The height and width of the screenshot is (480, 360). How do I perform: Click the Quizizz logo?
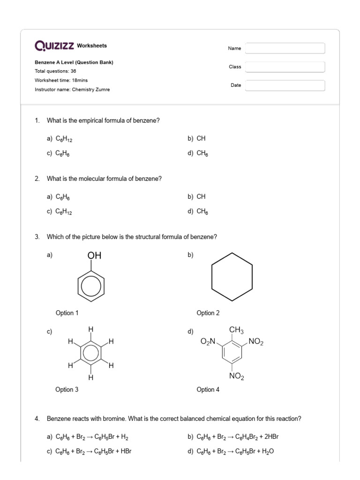point(54,46)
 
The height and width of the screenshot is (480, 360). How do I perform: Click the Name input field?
point(285,48)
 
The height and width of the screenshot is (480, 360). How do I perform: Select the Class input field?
point(285,67)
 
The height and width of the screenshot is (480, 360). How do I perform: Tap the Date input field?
point(285,85)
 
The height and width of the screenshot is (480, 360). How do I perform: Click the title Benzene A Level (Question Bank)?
point(74,62)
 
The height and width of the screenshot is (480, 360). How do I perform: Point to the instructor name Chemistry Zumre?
point(90,90)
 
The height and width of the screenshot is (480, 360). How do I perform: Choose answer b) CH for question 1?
point(196,139)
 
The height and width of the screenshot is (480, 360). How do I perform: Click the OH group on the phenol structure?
point(94,255)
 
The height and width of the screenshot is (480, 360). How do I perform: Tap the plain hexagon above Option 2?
point(232,277)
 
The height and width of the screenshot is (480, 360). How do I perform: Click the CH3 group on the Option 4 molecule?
point(236,331)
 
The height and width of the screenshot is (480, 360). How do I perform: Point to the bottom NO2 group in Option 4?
point(236,376)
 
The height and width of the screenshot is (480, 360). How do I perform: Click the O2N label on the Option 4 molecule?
point(208,342)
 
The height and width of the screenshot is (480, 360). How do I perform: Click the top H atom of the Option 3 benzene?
point(90,330)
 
